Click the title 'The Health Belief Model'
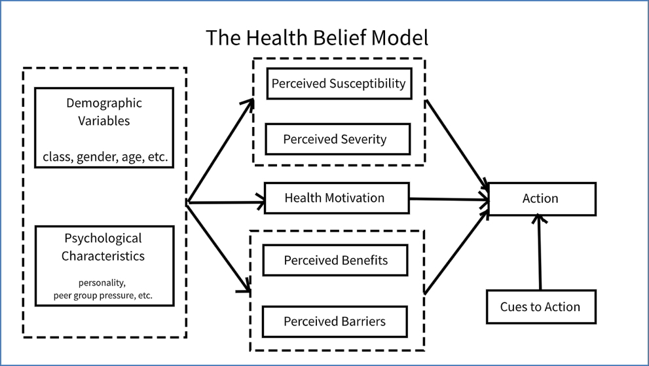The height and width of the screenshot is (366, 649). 317,37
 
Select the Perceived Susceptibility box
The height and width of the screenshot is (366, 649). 339,84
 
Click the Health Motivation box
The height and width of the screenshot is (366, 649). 336,198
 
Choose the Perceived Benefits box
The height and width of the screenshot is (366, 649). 335,260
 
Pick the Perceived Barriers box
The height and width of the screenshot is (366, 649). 335,321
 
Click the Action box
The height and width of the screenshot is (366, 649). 541,199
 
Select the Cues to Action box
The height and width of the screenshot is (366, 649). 541,307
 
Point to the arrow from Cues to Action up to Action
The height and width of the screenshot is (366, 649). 540,255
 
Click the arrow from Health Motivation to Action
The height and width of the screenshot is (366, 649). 449,199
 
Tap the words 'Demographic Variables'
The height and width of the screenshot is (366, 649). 104,112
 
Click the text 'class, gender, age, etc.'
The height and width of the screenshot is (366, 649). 104,156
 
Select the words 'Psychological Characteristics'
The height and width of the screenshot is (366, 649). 103,247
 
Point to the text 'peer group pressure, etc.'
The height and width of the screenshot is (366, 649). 103,295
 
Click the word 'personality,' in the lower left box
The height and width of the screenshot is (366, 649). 103,284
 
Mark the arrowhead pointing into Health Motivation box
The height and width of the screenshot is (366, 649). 259,203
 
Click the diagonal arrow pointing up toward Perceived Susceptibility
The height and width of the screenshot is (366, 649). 221,151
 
